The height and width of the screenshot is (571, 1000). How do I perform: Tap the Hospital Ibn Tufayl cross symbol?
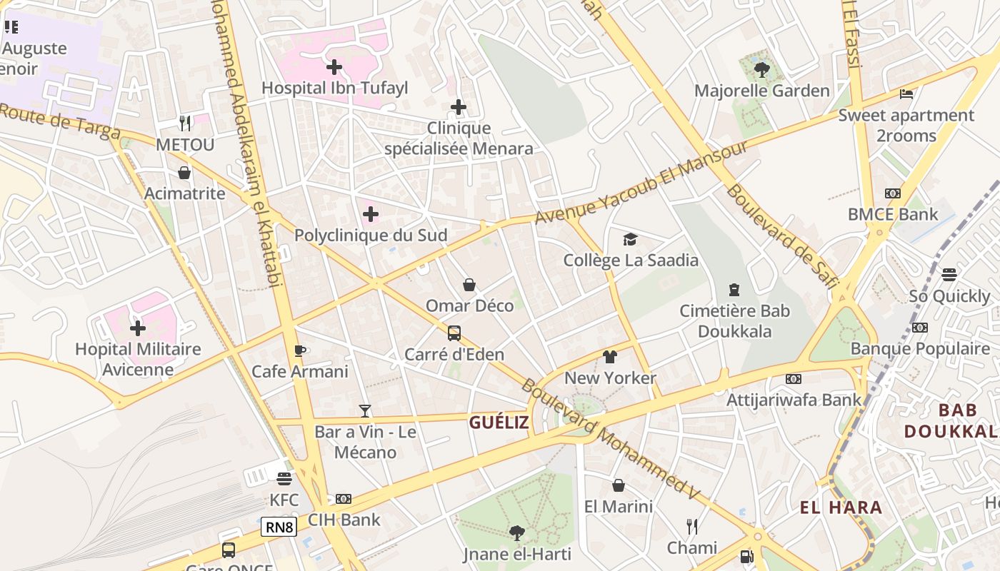pyautogui.click(x=334, y=68)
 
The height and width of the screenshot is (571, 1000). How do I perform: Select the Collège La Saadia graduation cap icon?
pyautogui.click(x=630, y=239)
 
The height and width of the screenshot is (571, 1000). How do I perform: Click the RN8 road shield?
pyautogui.click(x=279, y=527)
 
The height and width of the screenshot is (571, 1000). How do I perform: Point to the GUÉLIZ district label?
pyautogui.click(x=499, y=423)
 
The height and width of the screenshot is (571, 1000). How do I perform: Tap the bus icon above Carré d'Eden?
pyautogui.click(x=454, y=333)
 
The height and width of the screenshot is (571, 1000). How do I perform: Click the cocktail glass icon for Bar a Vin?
pyautogui.click(x=365, y=411)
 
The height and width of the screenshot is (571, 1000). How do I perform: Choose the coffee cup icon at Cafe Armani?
pyautogui.click(x=300, y=350)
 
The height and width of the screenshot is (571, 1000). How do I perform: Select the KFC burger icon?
pyautogui.click(x=284, y=479)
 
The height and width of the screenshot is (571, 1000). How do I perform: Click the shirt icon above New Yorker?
pyautogui.click(x=610, y=357)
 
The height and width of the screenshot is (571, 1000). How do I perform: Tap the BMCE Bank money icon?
pyautogui.click(x=893, y=193)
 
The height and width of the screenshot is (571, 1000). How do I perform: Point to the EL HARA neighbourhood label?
pyautogui.click(x=841, y=508)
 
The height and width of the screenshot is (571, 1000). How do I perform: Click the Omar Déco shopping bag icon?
pyautogui.click(x=469, y=285)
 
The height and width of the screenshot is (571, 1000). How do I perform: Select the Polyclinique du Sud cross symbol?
pyautogui.click(x=371, y=214)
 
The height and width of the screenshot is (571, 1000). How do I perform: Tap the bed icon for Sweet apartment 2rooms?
pyautogui.click(x=906, y=94)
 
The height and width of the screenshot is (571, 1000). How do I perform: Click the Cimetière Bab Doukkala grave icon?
pyautogui.click(x=734, y=290)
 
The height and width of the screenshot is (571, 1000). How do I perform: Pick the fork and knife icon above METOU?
pyautogui.click(x=185, y=123)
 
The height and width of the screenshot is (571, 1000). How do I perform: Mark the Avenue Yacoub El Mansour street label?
pyautogui.click(x=641, y=183)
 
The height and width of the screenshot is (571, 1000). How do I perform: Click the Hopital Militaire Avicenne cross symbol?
pyautogui.click(x=138, y=328)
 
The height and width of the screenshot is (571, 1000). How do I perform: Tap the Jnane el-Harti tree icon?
pyautogui.click(x=516, y=532)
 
